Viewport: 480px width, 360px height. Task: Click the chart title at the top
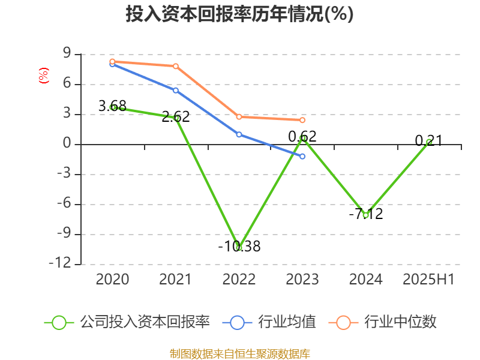[239, 14]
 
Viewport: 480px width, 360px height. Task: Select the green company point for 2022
[239, 247]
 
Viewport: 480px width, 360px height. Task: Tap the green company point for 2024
[365, 214]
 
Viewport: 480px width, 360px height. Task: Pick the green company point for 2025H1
[429, 142]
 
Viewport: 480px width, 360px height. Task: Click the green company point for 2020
[113, 107]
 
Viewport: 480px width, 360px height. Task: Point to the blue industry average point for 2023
[302, 156]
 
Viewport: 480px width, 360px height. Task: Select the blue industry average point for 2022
[239, 134]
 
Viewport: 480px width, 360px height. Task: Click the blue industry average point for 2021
[176, 90]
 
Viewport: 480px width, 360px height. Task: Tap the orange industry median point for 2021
[176, 66]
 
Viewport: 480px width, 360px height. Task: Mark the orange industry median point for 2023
[302, 120]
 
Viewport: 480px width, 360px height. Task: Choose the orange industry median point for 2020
[113, 61]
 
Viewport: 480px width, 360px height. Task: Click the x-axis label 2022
[239, 279]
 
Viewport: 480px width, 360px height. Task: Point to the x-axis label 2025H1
[428, 279]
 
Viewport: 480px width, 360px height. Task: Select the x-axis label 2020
[113, 279]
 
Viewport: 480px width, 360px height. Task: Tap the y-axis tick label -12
[60, 264]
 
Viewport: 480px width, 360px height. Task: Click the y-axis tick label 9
[67, 54]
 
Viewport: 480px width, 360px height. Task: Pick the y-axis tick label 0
[67, 144]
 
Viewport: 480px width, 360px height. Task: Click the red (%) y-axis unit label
[43, 76]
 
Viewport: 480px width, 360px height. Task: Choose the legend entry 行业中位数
[383, 322]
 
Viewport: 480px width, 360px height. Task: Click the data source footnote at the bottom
[239, 353]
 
